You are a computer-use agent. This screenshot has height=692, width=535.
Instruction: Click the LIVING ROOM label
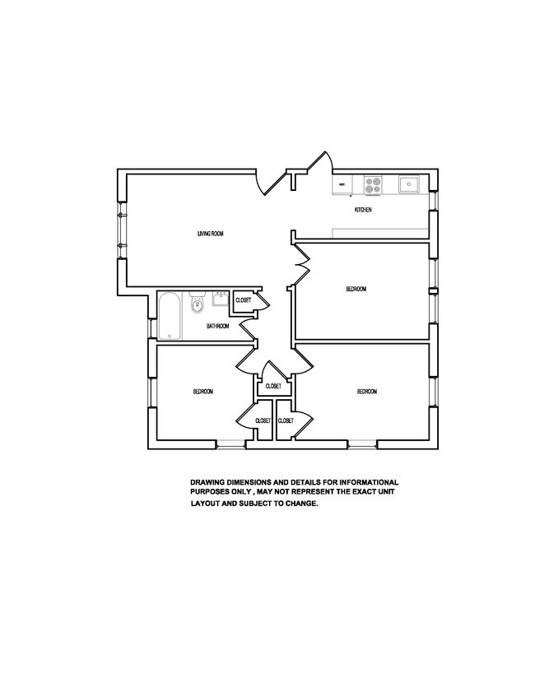[211, 234]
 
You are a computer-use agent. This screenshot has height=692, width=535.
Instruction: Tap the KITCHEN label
[363, 211]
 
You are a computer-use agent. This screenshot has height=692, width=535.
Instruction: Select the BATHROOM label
[217, 326]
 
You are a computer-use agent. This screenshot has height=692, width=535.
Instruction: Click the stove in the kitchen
[373, 185]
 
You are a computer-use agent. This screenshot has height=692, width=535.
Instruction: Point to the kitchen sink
[408, 184]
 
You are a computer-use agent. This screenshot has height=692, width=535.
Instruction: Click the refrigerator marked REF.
[342, 185]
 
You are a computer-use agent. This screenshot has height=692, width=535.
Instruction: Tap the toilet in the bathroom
[196, 307]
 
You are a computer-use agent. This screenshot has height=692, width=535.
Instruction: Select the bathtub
[169, 315]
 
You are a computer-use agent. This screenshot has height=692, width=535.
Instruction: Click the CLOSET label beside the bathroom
[244, 300]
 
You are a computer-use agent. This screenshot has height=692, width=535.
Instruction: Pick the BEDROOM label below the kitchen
[356, 289]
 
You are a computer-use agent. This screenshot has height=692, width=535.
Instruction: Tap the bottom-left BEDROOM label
[202, 392]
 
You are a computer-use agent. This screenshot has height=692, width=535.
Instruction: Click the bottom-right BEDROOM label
[367, 392]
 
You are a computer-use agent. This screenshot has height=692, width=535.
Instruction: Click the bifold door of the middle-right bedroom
[301, 263]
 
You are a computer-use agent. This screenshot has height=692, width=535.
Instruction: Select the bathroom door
[248, 331]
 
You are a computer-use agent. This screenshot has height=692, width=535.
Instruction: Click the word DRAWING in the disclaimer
[208, 482]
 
